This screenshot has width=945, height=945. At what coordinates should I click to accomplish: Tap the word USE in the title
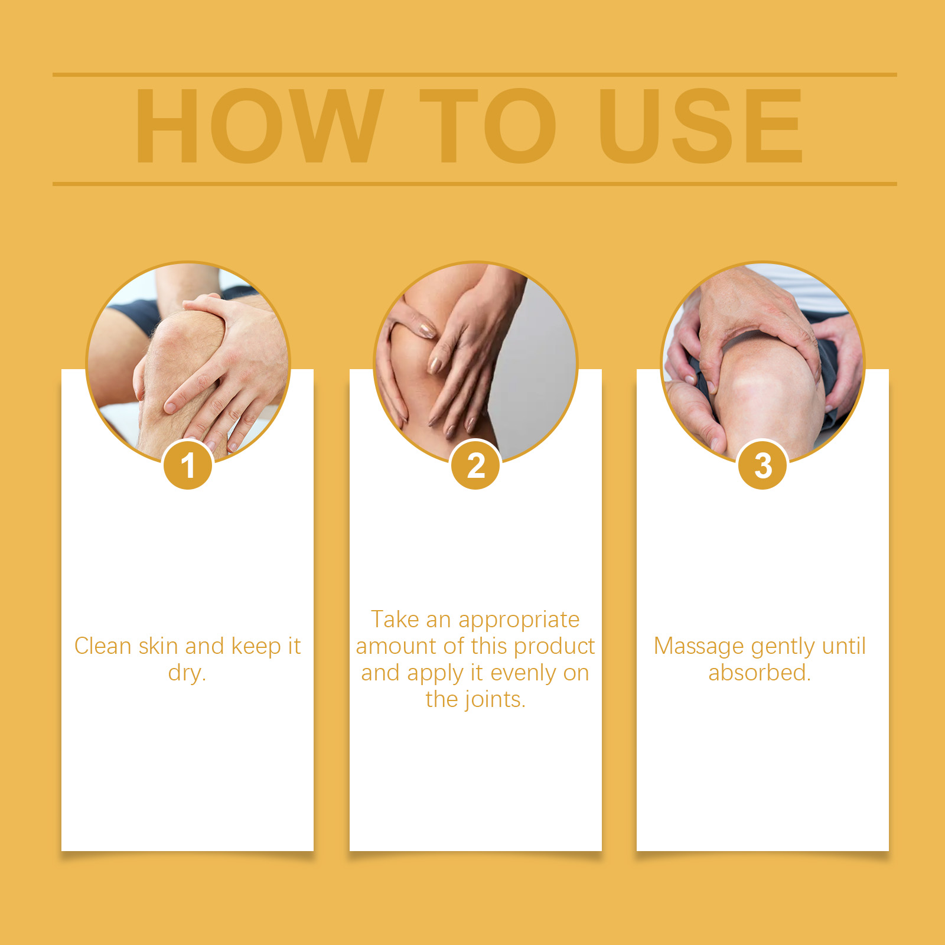pyautogui.click(x=700, y=126)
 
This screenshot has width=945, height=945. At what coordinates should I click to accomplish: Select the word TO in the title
pyautogui.click(x=488, y=126)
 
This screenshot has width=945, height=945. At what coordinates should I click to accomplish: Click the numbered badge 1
pyautogui.click(x=188, y=465)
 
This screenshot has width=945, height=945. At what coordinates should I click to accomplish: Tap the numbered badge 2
pyautogui.click(x=475, y=465)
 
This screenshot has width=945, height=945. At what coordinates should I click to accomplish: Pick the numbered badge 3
pyautogui.click(x=762, y=465)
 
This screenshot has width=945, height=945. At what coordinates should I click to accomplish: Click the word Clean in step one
pyautogui.click(x=103, y=646)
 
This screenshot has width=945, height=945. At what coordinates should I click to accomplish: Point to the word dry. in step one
pyautogui.click(x=187, y=673)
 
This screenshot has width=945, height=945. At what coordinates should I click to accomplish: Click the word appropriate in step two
pyautogui.click(x=519, y=620)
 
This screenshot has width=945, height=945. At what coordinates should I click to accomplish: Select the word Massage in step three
pyautogui.click(x=699, y=647)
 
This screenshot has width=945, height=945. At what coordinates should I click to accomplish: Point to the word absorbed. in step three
pyautogui.click(x=760, y=672)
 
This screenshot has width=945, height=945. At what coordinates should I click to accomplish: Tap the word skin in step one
pyautogui.click(x=158, y=646)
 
